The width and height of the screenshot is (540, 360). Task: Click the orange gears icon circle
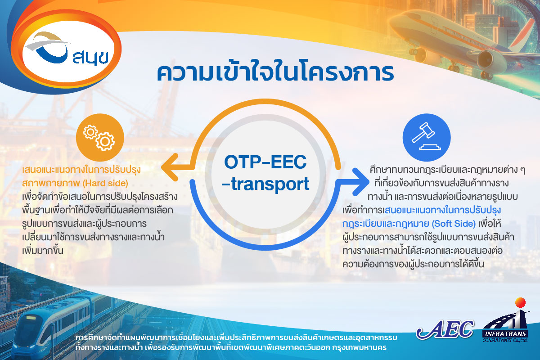[x=100, y=137]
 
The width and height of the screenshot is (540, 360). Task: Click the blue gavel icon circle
[x=427, y=137]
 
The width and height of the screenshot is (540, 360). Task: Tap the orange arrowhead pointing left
[x=170, y=167]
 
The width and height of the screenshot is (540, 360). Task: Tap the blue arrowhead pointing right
[x=360, y=182]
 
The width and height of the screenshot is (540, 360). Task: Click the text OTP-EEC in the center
[x=265, y=162]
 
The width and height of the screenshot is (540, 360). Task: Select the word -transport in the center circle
[x=265, y=184]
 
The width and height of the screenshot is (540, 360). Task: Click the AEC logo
[x=445, y=329]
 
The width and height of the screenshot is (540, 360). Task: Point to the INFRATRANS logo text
[x=505, y=334]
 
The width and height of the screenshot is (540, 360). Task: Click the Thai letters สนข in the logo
[x=90, y=58]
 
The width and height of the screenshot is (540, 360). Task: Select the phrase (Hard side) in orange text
[x=105, y=183]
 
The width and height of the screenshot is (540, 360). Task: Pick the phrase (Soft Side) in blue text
[x=454, y=224]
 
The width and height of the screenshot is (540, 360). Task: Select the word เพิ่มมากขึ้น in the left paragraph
[x=43, y=251]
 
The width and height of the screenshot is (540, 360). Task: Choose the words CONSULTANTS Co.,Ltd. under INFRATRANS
[x=505, y=340]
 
